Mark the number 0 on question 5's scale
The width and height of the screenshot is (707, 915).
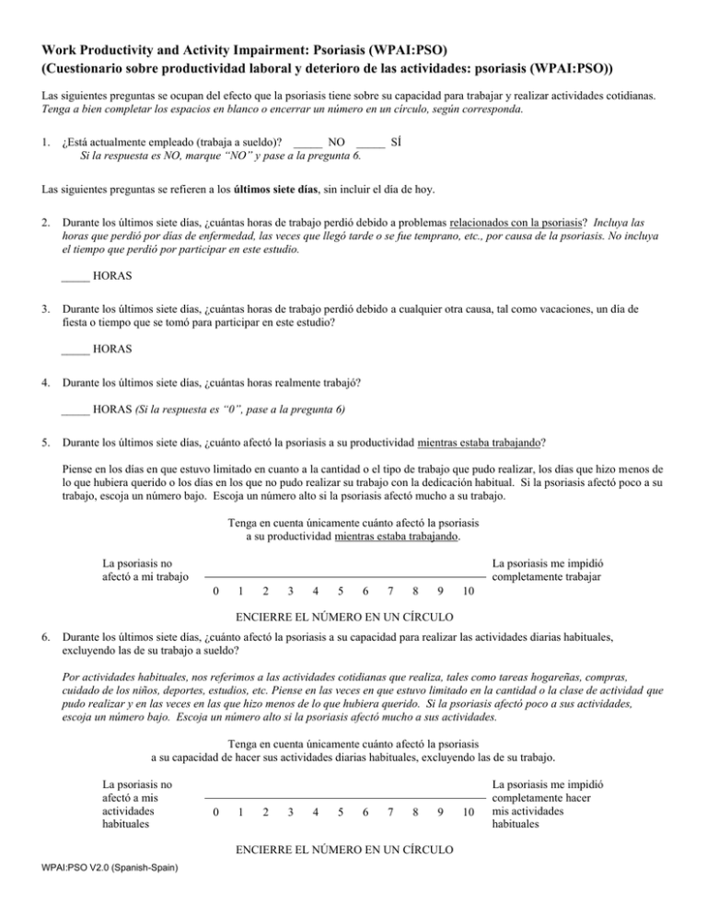[x=214, y=590]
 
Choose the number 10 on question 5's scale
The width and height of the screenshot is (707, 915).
[x=469, y=590]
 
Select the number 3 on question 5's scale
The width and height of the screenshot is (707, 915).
[x=291, y=590]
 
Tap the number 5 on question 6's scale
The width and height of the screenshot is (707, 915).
[x=342, y=813]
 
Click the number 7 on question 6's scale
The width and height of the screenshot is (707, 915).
[x=392, y=813]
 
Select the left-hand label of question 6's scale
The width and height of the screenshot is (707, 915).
[x=140, y=805]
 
